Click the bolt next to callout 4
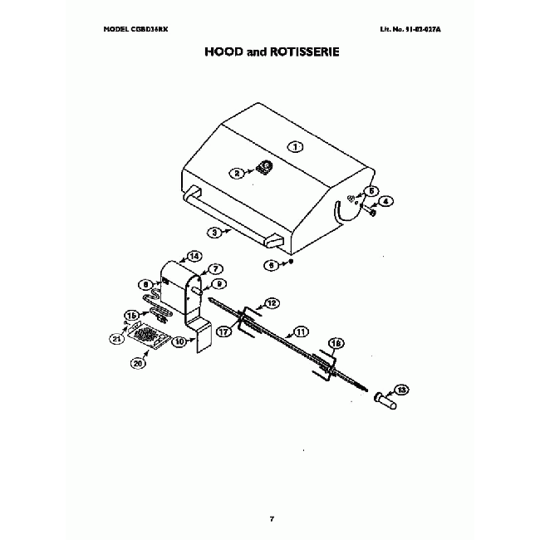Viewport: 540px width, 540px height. [x=372, y=212]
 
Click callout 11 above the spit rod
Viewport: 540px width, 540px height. [x=302, y=331]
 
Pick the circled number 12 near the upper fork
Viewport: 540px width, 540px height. [x=272, y=302]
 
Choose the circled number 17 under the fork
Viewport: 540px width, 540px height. [x=223, y=331]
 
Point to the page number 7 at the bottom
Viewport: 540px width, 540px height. [x=271, y=519]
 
